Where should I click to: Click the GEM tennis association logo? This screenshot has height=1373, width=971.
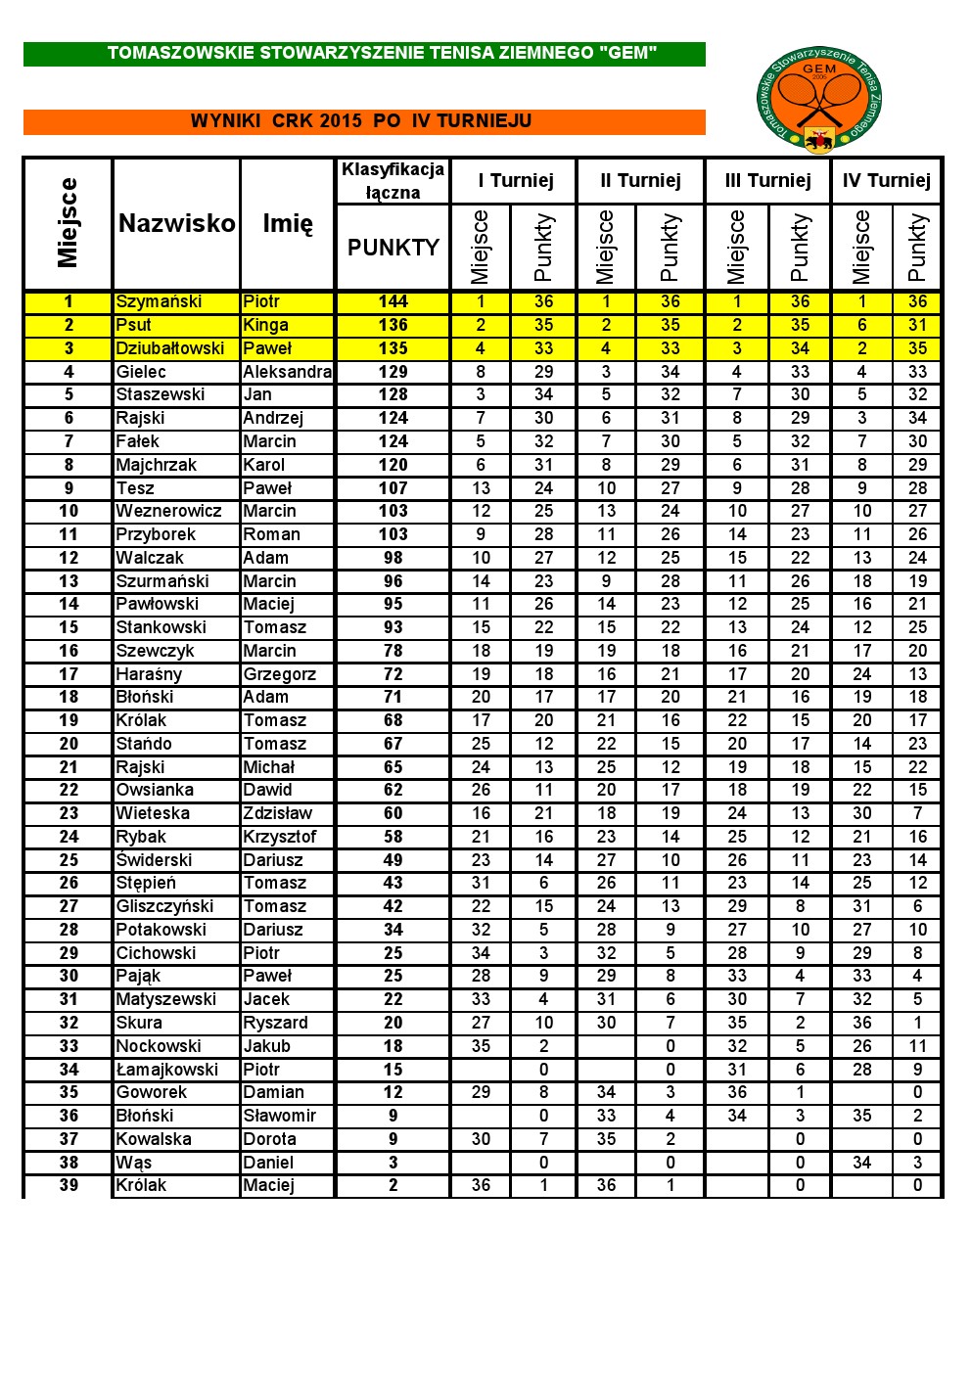click(x=819, y=100)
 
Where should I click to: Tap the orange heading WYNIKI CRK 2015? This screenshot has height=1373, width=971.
click(x=361, y=121)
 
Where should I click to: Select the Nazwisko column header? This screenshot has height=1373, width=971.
click(x=176, y=224)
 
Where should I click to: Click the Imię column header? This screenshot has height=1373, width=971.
click(x=288, y=224)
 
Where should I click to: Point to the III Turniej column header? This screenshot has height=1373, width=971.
click(x=767, y=180)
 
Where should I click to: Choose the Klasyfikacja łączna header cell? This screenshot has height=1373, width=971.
click(x=393, y=181)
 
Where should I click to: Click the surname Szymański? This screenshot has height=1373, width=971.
click(x=159, y=301)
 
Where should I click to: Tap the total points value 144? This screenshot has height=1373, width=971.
click(x=393, y=301)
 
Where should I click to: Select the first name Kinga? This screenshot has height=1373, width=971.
click(x=265, y=325)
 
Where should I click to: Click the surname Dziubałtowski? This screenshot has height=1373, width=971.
click(x=170, y=348)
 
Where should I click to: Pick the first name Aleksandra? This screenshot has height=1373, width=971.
click(x=287, y=372)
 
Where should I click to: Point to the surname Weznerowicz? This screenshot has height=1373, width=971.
click(x=168, y=511)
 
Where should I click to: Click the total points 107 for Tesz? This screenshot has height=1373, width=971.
click(x=393, y=488)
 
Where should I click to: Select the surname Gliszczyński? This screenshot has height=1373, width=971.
click(x=164, y=906)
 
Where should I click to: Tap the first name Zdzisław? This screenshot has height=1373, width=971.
click(x=277, y=813)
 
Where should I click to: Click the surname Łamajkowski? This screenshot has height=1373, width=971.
click(x=166, y=1070)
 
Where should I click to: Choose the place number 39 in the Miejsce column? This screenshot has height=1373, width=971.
click(x=69, y=1185)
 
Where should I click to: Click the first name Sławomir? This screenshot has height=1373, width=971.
click(x=279, y=1116)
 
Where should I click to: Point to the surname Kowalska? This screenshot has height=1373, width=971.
click(x=154, y=1139)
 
